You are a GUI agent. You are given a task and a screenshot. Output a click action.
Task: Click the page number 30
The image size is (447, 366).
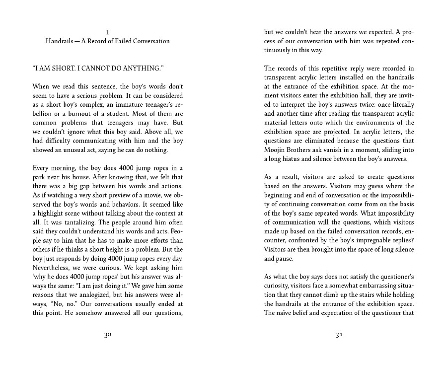click(x=108, y=335)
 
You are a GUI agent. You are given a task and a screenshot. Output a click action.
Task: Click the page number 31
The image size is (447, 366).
click(x=339, y=335)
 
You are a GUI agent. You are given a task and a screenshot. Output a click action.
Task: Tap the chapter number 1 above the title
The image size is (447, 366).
click(x=108, y=32)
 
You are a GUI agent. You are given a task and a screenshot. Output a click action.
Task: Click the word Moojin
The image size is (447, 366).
click(x=276, y=150)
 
